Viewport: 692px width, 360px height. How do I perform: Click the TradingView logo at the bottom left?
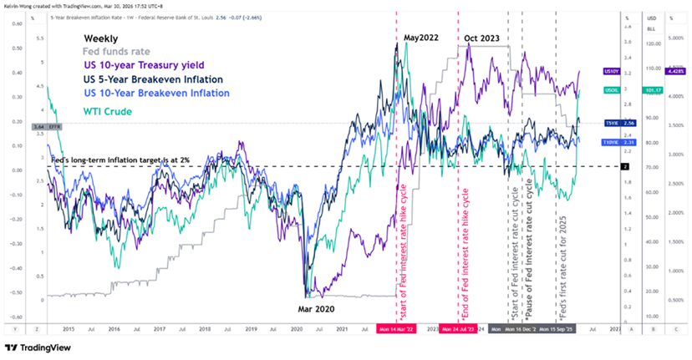(x=42, y=347)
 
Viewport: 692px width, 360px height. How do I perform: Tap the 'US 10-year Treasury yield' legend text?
(x=144, y=66)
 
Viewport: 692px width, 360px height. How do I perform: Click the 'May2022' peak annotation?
(x=421, y=38)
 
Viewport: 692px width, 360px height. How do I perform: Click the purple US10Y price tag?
(x=611, y=72)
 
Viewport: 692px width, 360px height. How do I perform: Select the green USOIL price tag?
(x=610, y=89)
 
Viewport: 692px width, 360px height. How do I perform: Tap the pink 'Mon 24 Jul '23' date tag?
(x=458, y=330)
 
